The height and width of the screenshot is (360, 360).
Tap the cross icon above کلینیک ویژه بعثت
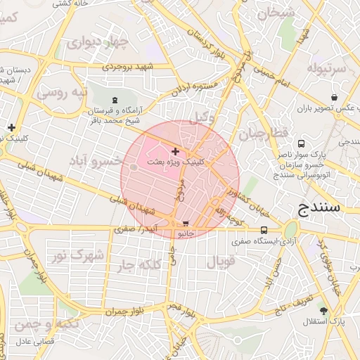(175, 151)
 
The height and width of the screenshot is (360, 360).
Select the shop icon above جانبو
(185, 223)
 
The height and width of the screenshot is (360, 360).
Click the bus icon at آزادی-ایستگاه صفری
(264, 230)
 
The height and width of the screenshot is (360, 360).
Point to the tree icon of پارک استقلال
(323, 310)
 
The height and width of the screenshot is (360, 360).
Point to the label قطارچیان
(262, 133)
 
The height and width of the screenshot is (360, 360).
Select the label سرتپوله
(326, 69)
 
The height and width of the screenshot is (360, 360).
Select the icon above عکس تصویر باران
(333, 98)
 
